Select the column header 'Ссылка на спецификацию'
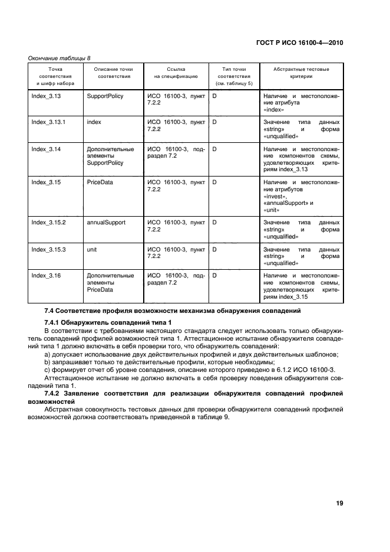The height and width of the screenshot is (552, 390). point(176,73)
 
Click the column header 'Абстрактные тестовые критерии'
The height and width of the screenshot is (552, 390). point(301,73)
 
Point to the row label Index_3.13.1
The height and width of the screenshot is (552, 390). point(48,122)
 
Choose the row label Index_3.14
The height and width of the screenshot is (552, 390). point(46,149)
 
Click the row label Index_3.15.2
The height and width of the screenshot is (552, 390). point(48,222)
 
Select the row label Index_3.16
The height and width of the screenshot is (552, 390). point(46,275)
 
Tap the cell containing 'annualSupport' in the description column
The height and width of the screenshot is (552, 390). point(105,222)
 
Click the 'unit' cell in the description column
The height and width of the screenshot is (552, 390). point(92,249)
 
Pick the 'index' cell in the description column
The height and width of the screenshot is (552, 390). point(94,122)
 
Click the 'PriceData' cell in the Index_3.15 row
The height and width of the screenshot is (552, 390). point(100,182)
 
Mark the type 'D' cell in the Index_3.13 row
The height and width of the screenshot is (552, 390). point(215,95)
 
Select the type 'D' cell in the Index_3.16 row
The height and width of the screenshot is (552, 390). point(215,275)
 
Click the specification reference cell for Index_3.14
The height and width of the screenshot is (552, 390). point(176,152)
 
